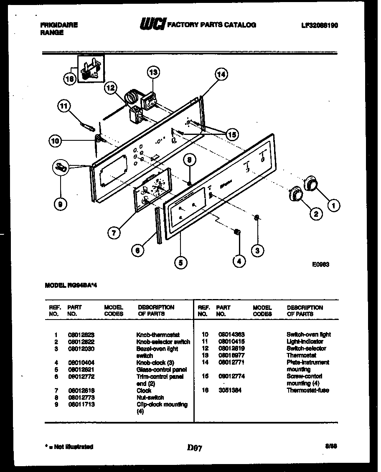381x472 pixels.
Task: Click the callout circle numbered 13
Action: click(154, 73)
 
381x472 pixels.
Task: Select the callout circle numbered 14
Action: click(221, 74)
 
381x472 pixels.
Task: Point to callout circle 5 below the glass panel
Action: click(180, 262)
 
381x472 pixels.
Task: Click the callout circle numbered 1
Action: click(333, 205)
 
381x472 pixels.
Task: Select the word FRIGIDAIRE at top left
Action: click(59, 25)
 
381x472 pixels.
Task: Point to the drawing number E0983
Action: click(320, 264)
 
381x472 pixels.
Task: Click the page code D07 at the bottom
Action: click(194, 448)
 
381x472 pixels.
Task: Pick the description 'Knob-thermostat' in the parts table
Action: click(158, 335)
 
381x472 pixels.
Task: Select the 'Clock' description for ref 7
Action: click(144, 391)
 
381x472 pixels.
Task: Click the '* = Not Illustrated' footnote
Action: click(69, 447)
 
